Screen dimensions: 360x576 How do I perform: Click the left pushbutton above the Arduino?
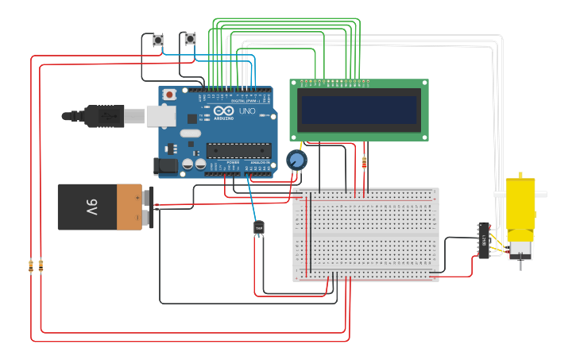tap(157, 39)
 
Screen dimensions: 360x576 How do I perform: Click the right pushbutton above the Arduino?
tap(190, 39)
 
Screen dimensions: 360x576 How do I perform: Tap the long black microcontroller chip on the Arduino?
tap(238, 149)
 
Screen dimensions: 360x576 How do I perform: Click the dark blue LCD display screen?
tap(358, 110)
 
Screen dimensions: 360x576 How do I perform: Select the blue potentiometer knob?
tap(296, 161)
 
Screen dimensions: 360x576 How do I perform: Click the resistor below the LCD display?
tap(364, 162)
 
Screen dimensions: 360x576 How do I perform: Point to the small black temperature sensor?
tap(258, 229)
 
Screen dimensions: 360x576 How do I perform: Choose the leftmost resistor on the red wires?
tap(31, 266)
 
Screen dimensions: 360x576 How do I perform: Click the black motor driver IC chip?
tap(483, 240)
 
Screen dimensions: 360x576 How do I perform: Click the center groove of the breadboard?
tap(365, 234)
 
